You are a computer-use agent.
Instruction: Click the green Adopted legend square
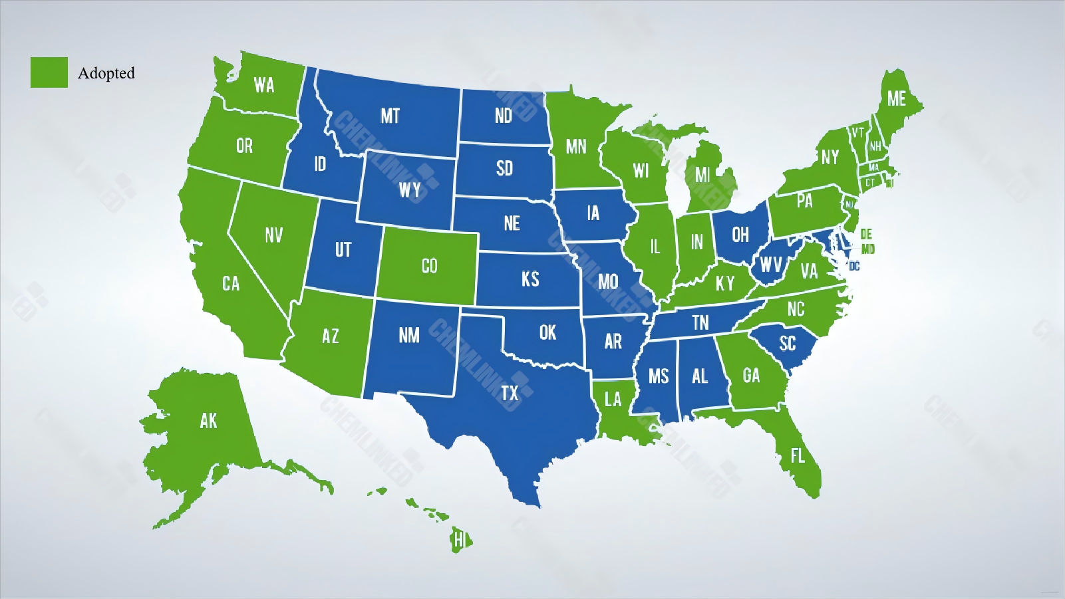(49, 72)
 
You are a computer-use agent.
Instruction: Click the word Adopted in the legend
(106, 73)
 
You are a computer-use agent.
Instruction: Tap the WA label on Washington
(264, 85)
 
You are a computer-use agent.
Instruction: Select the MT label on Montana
(390, 116)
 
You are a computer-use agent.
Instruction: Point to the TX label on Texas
(510, 393)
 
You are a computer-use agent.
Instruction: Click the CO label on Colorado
(430, 266)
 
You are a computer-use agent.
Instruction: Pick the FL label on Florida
(798, 455)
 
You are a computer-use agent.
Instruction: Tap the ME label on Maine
(896, 99)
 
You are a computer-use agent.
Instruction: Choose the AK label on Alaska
(208, 420)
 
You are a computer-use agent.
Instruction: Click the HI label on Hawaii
(459, 540)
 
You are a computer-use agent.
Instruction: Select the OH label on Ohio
(740, 235)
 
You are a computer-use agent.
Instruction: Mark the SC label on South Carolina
(788, 343)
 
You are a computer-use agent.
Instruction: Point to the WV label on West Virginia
(771, 265)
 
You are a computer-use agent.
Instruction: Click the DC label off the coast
(855, 267)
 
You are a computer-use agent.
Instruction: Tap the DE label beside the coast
(866, 234)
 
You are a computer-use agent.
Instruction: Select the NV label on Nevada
(274, 235)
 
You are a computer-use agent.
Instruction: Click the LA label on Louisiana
(613, 399)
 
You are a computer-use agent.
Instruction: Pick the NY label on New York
(830, 157)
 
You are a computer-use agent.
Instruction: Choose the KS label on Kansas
(530, 279)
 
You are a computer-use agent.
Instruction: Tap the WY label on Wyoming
(410, 190)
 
